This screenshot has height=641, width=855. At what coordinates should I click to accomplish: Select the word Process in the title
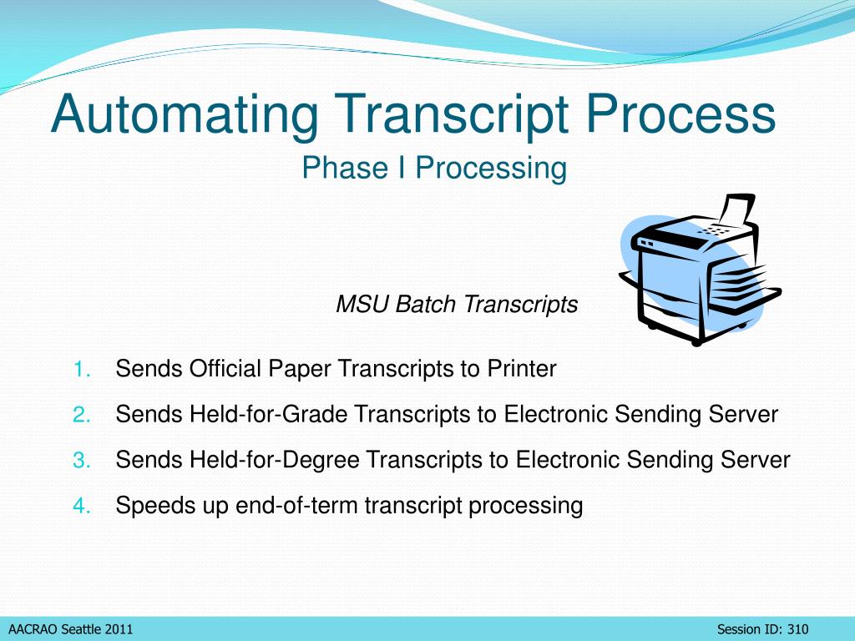[x=680, y=114]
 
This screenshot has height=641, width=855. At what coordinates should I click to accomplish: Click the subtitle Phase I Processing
[x=434, y=167]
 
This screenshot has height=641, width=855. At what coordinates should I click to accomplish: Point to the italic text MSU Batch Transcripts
[x=457, y=304]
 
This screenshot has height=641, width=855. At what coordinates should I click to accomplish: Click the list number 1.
[x=82, y=370]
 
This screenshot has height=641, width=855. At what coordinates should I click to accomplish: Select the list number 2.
[x=82, y=415]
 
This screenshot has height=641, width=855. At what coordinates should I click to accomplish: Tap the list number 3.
[x=82, y=461]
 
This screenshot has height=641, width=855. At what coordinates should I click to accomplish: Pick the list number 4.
[x=82, y=507]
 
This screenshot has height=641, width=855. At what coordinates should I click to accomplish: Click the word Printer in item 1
[x=522, y=369]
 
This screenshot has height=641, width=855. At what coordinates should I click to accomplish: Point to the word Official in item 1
[x=225, y=369]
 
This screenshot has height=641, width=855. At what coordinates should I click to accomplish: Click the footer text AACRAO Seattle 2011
[x=71, y=629]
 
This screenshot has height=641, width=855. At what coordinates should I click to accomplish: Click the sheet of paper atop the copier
[x=737, y=210]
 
